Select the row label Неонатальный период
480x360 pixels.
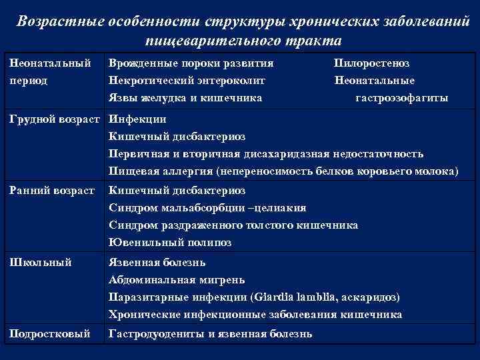pyautogui.click(x=51, y=71)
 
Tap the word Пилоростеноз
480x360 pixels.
pyautogui.click(x=371, y=63)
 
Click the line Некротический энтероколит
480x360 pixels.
pyautogui.click(x=187, y=81)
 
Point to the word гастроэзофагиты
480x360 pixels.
pyautogui.click(x=401, y=98)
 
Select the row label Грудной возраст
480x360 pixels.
pyautogui.click(x=55, y=119)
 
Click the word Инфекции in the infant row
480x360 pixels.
pyautogui.click(x=137, y=119)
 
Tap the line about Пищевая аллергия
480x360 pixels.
pyautogui.click(x=283, y=171)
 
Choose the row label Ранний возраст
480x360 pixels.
pyautogui.click(x=52, y=191)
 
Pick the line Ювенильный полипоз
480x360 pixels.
pyautogui.click(x=170, y=243)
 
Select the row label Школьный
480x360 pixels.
pyautogui.click(x=41, y=262)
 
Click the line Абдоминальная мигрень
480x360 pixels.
pyautogui.click(x=177, y=279)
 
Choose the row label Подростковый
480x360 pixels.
pyautogui.click(x=49, y=333)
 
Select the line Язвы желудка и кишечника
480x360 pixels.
pyautogui.click(x=185, y=98)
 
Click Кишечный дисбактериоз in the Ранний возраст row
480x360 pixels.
pyautogui.click(x=177, y=191)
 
